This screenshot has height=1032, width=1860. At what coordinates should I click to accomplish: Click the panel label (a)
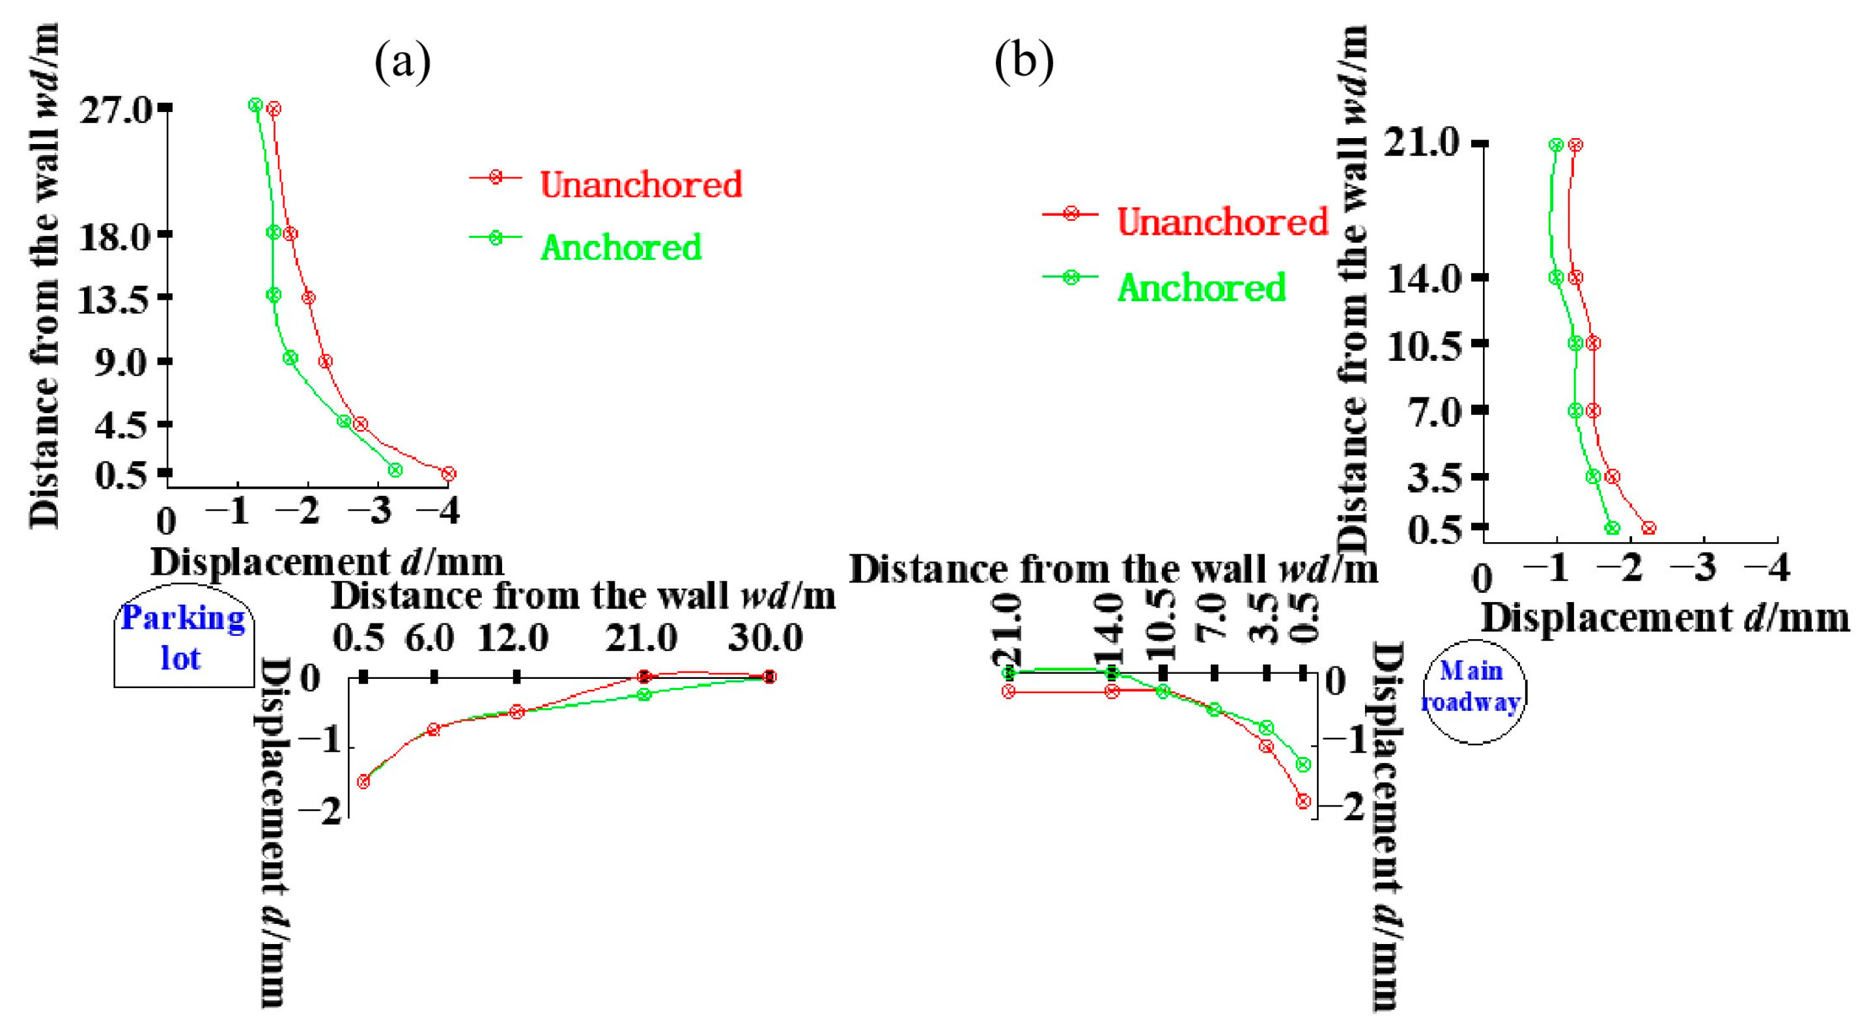click(x=402, y=62)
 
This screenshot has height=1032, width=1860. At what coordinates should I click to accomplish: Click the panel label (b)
click(x=1023, y=62)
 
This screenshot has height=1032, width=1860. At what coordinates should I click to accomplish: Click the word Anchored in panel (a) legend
click(x=621, y=248)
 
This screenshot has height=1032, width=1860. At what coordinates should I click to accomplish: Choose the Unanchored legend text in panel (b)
click(x=1222, y=221)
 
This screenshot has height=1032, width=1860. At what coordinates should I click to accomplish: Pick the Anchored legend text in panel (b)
click(x=1202, y=287)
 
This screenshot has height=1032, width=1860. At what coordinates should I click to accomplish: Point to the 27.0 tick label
click(x=115, y=111)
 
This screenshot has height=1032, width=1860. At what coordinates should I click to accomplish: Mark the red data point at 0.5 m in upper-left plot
click(x=448, y=474)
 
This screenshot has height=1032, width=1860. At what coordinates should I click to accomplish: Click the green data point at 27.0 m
click(x=255, y=105)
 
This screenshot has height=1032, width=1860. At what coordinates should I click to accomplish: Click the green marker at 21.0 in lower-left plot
click(x=644, y=694)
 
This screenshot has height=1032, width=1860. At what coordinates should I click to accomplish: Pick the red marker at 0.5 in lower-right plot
click(x=1303, y=801)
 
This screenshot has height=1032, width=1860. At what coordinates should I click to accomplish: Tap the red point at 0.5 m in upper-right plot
click(x=1648, y=528)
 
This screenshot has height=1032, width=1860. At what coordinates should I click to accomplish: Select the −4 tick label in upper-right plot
click(x=1767, y=569)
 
